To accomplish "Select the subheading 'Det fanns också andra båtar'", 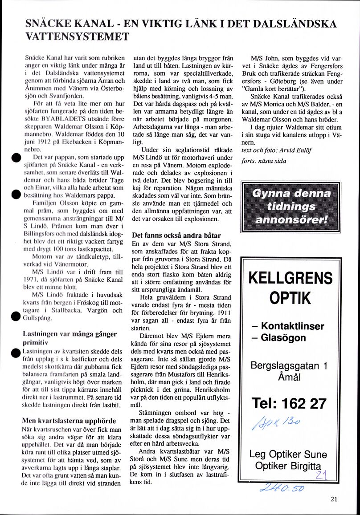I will pos(176,235).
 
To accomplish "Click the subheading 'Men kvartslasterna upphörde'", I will pos(69,420).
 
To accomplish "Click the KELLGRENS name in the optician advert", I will pos(290,278).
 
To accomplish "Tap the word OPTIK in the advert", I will pos(290,298).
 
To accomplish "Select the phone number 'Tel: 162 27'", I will pos(289,403).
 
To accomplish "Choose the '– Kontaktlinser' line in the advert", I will pos(287,326).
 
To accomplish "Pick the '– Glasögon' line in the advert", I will pos(278,338).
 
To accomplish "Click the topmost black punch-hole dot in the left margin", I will pos(15,159).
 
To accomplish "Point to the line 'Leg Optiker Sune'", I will pos(288,454).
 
